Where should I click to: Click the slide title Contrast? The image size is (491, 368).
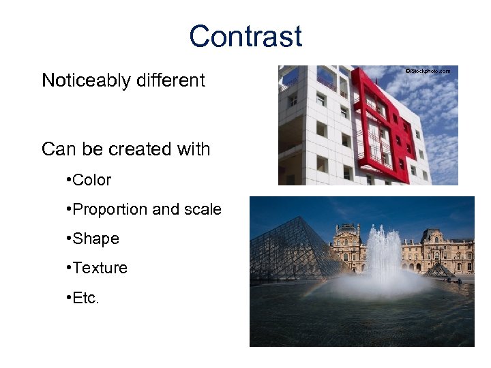point(245,36)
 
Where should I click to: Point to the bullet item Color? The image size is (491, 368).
point(91,180)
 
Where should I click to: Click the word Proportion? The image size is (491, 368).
point(110,209)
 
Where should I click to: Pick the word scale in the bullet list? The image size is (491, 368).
point(203,209)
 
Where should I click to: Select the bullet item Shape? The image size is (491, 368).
point(95,239)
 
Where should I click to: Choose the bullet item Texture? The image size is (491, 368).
point(100,268)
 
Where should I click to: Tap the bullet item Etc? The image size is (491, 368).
point(86,297)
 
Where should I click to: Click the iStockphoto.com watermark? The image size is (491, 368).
point(428,71)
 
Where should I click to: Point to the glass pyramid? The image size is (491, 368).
point(286,252)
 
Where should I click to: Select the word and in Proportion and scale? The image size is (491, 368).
point(166,209)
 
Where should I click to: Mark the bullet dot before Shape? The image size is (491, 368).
point(70,239)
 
